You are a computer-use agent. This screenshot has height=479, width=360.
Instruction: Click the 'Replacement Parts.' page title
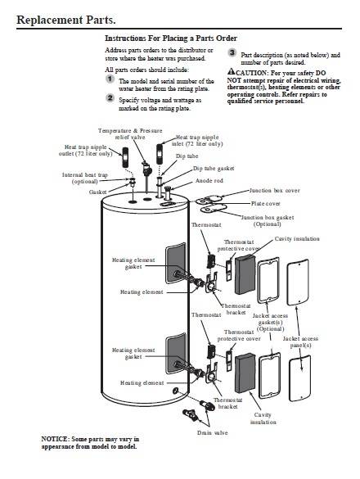(66, 20)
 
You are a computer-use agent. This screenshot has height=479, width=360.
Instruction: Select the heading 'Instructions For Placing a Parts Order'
(171, 38)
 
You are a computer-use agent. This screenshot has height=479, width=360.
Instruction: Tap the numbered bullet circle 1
(110, 79)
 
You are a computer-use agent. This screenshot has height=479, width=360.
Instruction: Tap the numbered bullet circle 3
(232, 52)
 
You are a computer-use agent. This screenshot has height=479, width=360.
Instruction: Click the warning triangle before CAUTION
(231, 71)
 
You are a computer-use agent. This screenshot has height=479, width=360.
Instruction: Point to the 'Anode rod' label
(209, 180)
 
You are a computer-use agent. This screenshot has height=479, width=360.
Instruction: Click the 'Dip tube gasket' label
(214, 169)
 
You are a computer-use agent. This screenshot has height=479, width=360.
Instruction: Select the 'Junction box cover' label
(275, 190)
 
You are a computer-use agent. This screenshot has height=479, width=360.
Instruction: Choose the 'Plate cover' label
(265, 203)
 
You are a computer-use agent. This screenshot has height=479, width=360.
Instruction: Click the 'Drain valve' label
(213, 432)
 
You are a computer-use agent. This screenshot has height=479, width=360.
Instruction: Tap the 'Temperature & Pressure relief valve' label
(130, 133)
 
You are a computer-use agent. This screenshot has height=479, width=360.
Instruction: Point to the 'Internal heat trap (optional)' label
(85, 178)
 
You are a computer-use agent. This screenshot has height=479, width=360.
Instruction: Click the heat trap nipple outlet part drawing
(125, 157)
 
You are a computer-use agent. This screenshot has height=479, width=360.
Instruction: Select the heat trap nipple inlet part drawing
(160, 155)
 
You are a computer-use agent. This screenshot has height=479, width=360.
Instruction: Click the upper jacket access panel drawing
(298, 282)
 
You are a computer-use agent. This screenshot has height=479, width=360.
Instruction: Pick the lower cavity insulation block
(245, 373)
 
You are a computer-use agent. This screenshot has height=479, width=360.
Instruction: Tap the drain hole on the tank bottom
(175, 391)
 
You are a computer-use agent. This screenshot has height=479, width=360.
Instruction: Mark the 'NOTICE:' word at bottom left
(55, 439)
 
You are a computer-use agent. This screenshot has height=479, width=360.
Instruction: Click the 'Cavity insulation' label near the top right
(297, 238)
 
